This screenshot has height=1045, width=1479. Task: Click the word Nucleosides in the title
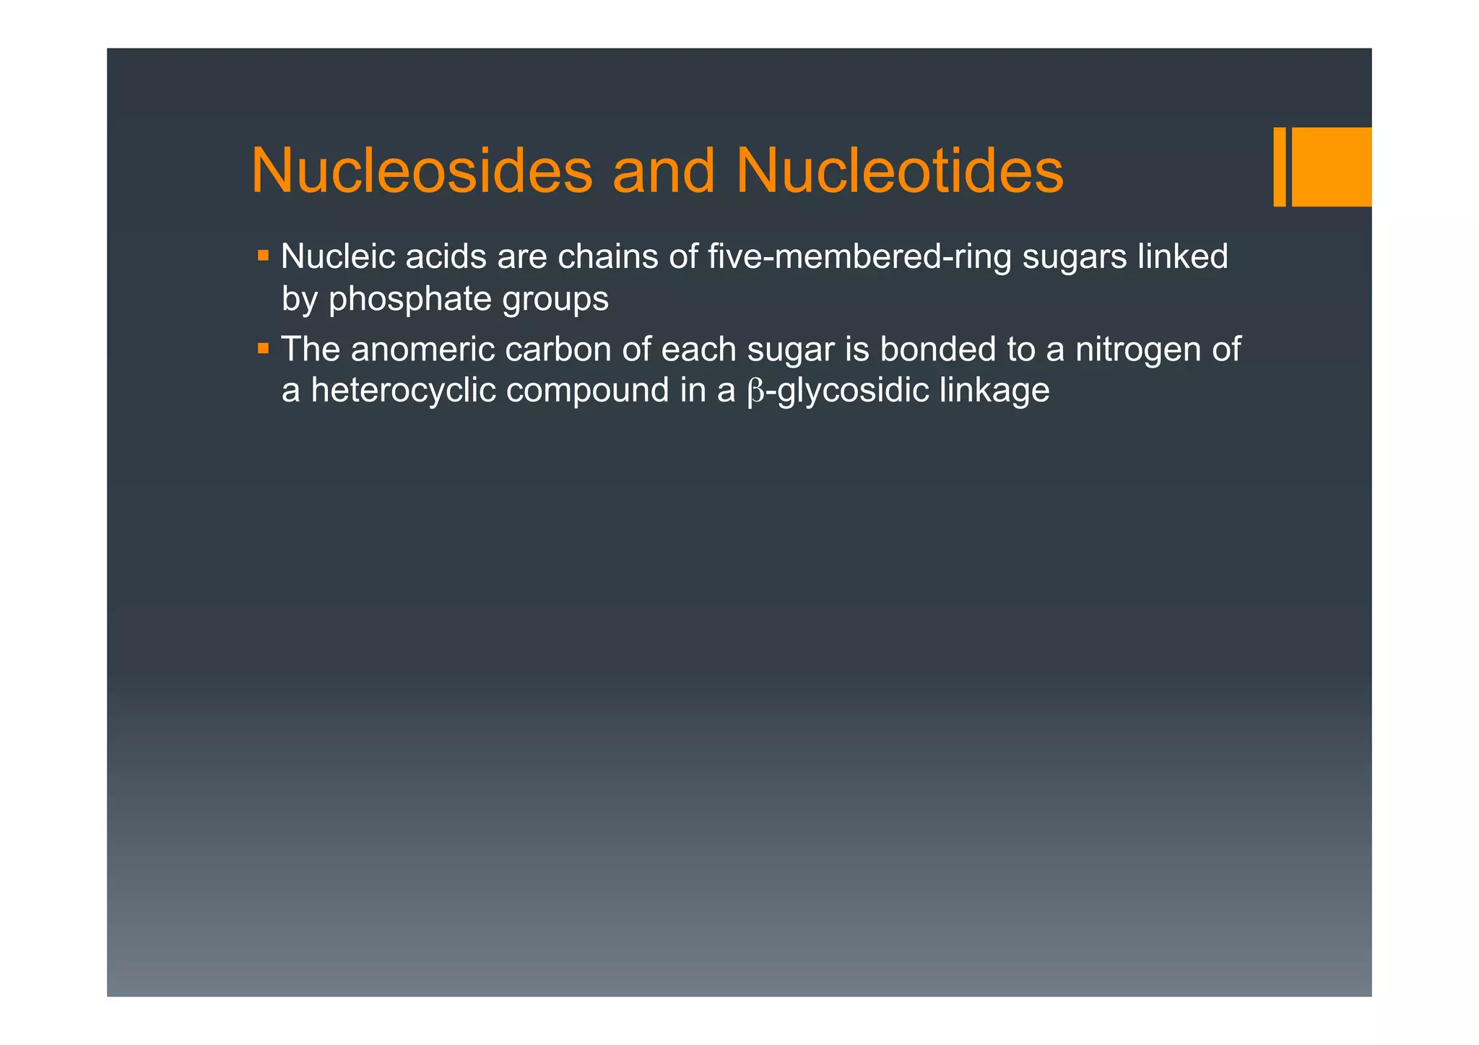[422, 171]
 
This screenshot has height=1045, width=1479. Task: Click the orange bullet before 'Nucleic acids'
[263, 256]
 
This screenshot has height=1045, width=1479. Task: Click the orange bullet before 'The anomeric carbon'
[263, 349]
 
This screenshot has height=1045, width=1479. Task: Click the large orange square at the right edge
[1331, 167]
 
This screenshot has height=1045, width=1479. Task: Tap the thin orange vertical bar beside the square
[1279, 167]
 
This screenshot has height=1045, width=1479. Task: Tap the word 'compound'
[587, 391]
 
